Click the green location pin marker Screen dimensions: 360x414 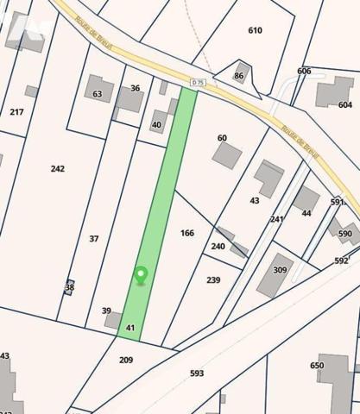[141, 275]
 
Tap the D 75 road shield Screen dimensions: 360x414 [199, 83]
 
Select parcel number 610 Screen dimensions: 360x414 [255, 30]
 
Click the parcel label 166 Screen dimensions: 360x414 [187, 233]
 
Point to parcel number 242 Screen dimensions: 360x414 [58, 168]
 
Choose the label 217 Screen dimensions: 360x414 [16, 111]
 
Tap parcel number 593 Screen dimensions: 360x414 [197, 373]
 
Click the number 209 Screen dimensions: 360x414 [126, 359]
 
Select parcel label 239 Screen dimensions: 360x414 [213, 279]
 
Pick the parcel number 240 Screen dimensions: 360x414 [218, 246]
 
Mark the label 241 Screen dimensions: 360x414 [277, 219]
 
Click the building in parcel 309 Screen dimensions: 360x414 [275, 274]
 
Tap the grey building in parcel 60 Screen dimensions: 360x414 [227, 155]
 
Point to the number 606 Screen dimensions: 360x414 [304, 71]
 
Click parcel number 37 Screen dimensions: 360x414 [94, 238]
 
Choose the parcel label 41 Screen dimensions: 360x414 [130, 328]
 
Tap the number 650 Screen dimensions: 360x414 [317, 366]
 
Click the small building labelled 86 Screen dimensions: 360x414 [242, 72]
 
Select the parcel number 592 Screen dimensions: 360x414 [341, 260]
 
